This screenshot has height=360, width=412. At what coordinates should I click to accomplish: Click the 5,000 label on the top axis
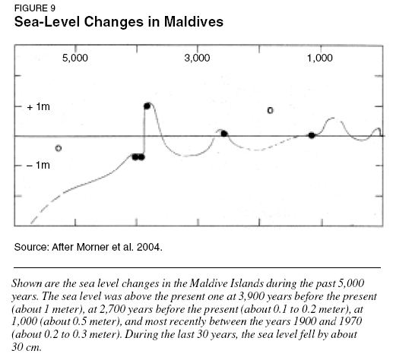pyautogui.click(x=75, y=58)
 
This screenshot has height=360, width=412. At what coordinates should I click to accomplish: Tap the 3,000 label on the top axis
pyautogui.click(x=197, y=58)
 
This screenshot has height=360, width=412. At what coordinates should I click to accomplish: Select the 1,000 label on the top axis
pyautogui.click(x=320, y=58)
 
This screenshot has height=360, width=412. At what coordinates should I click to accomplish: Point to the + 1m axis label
pyautogui.click(x=38, y=107)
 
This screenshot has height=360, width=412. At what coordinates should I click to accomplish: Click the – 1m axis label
pyautogui.click(x=38, y=165)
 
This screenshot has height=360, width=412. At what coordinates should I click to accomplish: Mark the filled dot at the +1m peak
pyautogui.click(x=147, y=106)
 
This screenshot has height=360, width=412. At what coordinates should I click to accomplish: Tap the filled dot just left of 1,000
pyautogui.click(x=312, y=135)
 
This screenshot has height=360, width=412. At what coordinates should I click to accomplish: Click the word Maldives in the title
pyautogui.click(x=194, y=21)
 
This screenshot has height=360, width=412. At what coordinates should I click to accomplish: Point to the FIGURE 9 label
pyautogui.click(x=35, y=8)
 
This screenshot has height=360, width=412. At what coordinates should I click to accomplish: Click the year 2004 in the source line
pyautogui.click(x=149, y=247)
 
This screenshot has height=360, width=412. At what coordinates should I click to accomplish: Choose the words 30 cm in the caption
pyautogui.click(x=27, y=347)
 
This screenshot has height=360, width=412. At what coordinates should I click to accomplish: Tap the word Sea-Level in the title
pyautogui.click(x=47, y=21)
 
